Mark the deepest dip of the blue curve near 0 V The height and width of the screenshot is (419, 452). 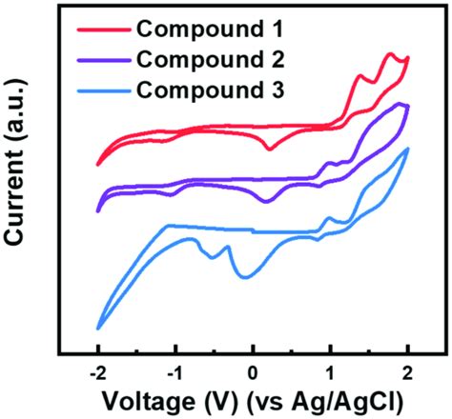[243, 277]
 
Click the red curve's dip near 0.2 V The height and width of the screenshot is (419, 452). [270, 149]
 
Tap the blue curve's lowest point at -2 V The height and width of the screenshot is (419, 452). [98, 329]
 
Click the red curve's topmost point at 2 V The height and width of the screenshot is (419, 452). [407, 58]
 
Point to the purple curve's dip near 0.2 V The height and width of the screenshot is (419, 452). [266, 200]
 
